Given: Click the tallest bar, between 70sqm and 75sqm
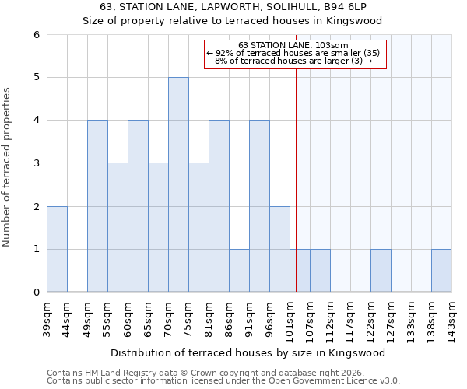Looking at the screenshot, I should [x=178, y=184].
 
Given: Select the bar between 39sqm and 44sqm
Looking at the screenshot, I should [x=57, y=249].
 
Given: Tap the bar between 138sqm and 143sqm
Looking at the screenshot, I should [x=441, y=271].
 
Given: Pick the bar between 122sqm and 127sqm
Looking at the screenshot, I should [x=381, y=271].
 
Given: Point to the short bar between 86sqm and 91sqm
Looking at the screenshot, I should [x=239, y=271].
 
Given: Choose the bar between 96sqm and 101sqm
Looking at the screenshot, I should [x=279, y=249].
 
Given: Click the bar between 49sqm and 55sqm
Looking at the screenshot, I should [x=97, y=206].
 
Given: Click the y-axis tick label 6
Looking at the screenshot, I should [x=37, y=35].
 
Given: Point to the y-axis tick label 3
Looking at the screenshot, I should [x=37, y=163].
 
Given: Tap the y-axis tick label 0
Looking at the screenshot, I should [x=37, y=293].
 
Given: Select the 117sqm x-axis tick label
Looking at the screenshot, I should [x=350, y=317].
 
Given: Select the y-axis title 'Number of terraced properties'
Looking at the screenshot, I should [x=7, y=167].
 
